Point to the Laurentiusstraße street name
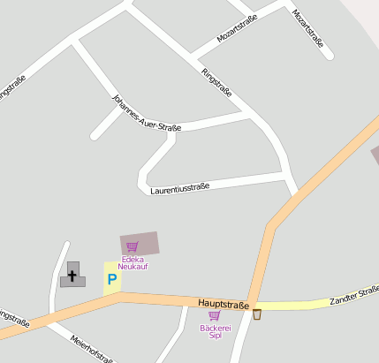tap(179, 188)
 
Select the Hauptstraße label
tap(223, 304)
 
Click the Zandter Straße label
tap(354, 296)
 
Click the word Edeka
tap(133, 259)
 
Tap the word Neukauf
tap(133, 266)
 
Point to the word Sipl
tap(214, 336)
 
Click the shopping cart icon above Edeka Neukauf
tap(133, 247)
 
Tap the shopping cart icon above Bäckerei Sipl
tap(214, 315)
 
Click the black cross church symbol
tap(72, 276)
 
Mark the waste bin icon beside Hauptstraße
tap(257, 314)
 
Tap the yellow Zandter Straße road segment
tap(300, 306)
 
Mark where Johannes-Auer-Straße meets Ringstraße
tap(251, 113)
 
